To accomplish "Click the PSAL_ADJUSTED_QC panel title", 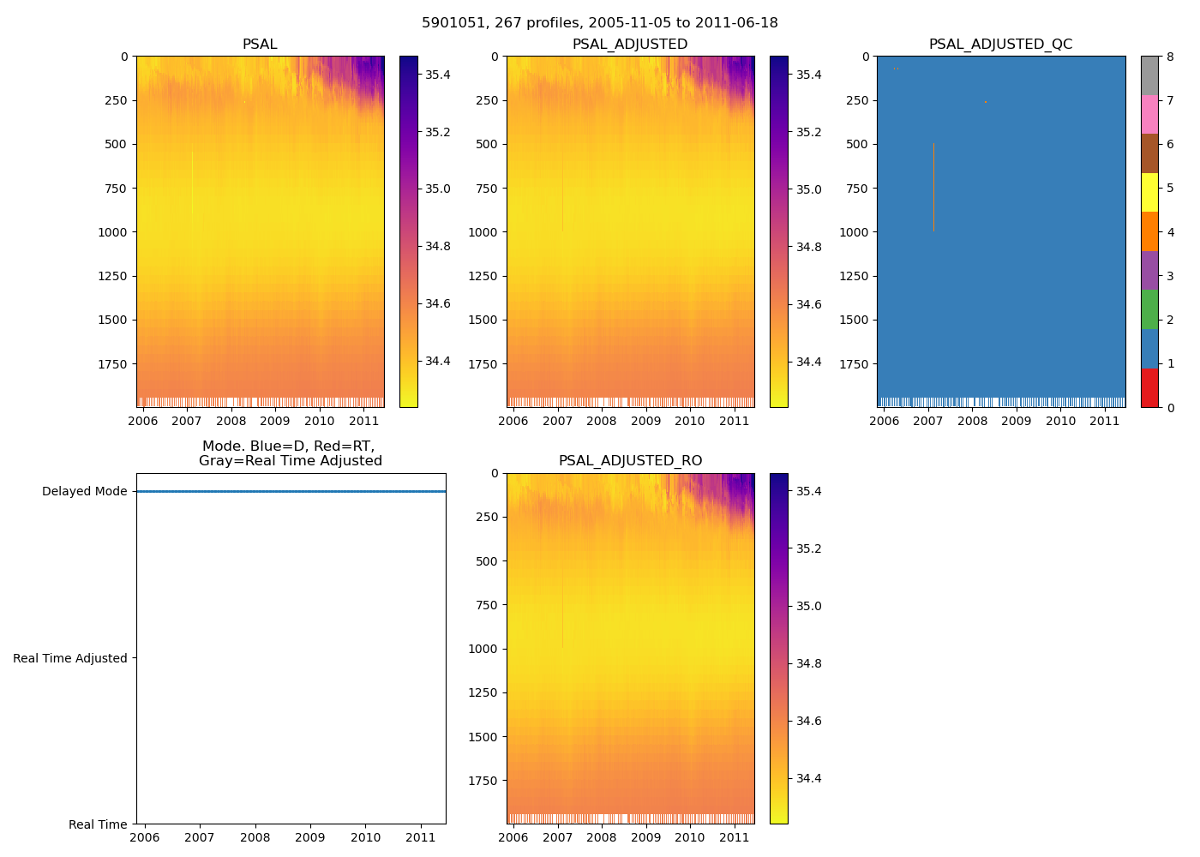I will [x=1000, y=45].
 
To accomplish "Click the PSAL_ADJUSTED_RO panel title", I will [x=630, y=461].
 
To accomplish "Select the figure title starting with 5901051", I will [x=600, y=23].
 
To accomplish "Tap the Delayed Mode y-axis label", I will [x=84, y=492].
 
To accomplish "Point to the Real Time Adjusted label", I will [x=69, y=658].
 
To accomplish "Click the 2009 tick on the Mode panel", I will [x=310, y=837].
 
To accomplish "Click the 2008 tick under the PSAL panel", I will [x=231, y=421].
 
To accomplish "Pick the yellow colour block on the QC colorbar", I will [x=1149, y=192].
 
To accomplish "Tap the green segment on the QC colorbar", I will [x=1149, y=309].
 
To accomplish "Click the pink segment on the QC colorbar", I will [x=1149, y=114].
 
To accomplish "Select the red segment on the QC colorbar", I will [x=1149, y=388].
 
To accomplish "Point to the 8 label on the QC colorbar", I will [x=1170, y=57].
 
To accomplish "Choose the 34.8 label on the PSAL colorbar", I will [x=438, y=247].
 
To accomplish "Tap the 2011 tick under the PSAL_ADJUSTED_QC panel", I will [x=1105, y=421].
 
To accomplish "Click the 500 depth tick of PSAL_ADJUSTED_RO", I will [x=486, y=561].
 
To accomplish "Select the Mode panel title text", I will [x=290, y=453].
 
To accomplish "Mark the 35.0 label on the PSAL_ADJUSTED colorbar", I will [x=808, y=190].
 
